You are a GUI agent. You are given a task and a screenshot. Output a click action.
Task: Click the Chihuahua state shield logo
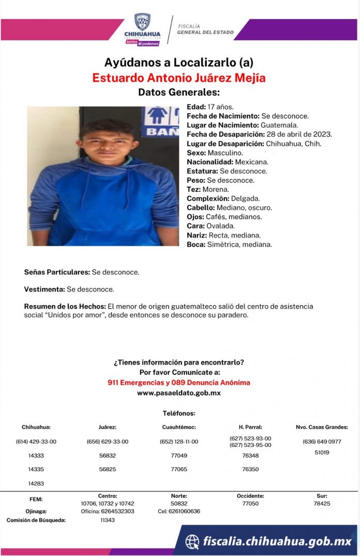(x=142, y=22)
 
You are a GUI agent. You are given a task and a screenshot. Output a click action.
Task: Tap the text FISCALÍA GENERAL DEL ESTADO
(x=205, y=29)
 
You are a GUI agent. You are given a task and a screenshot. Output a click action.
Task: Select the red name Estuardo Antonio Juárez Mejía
(x=178, y=78)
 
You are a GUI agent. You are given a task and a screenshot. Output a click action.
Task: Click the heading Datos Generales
(x=179, y=93)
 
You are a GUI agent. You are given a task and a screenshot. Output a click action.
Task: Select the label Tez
(x=193, y=189)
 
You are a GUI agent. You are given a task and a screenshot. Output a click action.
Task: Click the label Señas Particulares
(x=57, y=272)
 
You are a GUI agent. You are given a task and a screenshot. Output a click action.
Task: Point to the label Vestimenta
(x=44, y=289)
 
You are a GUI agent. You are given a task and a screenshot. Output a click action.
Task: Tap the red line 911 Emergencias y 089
(x=178, y=383)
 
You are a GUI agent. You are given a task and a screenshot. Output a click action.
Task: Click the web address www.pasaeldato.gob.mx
(x=178, y=393)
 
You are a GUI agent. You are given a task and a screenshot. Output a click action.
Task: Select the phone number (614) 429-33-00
(x=36, y=442)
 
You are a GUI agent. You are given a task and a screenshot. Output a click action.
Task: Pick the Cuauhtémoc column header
(x=178, y=427)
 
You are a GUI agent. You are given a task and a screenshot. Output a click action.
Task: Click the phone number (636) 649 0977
(x=322, y=442)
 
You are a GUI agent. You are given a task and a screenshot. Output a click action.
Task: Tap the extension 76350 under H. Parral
(x=250, y=470)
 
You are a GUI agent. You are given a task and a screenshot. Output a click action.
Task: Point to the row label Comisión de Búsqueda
(x=36, y=520)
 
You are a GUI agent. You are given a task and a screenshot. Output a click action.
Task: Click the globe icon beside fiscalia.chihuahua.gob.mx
(x=192, y=542)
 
